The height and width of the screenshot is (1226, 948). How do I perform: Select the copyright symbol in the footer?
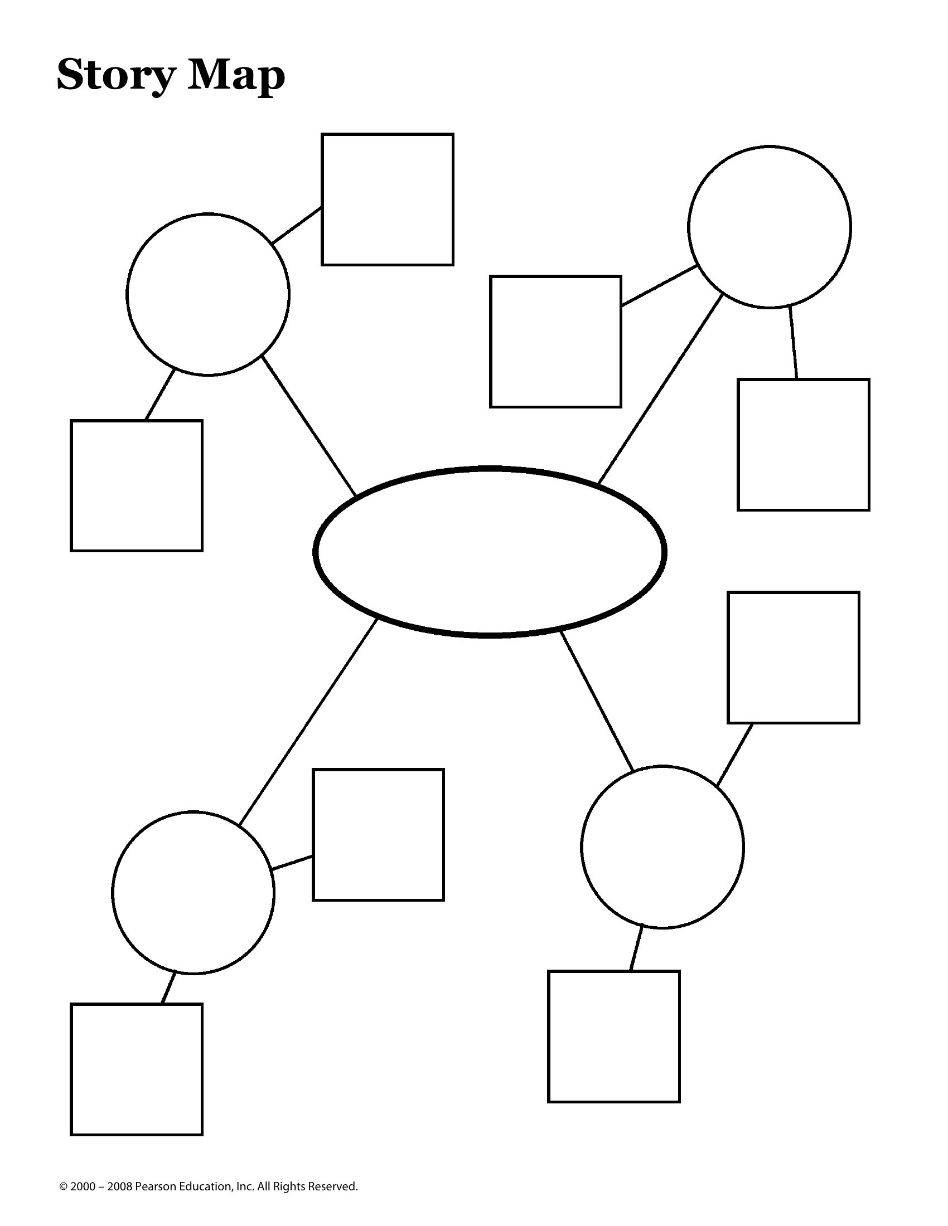coord(64,1186)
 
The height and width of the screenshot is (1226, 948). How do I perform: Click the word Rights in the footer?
coord(289,1186)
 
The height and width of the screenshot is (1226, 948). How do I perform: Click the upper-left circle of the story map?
coord(128,294)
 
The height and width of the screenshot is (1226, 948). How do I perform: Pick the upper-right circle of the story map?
coord(689,227)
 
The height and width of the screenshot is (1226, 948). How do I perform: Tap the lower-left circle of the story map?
coord(113,892)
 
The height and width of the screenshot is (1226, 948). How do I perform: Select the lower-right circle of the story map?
coord(582,846)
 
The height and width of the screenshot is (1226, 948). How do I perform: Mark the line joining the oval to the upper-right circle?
coord(660,388)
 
